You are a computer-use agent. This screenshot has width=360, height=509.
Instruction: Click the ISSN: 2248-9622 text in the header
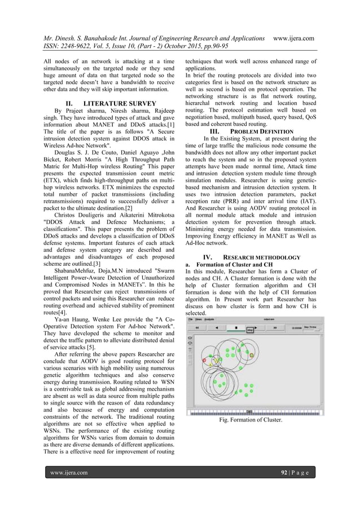[x=68, y=47]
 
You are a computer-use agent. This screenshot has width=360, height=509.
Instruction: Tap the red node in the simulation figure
[x=204, y=359]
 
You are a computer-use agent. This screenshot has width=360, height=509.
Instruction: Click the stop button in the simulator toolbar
[x=235, y=327]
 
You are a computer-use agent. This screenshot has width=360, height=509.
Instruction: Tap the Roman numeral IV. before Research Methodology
[x=207, y=257]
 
